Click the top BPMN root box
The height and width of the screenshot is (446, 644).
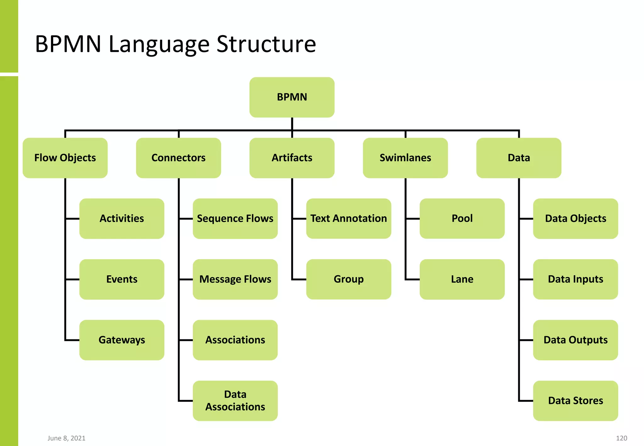coord(292,97)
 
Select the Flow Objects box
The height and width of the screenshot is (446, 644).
coord(65,158)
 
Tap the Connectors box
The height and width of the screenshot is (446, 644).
coord(178,158)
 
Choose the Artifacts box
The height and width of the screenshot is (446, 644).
coord(292,158)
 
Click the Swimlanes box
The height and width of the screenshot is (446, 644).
coord(405,158)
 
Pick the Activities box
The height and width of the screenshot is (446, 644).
coord(122,219)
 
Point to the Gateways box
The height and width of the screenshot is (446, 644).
coord(122,340)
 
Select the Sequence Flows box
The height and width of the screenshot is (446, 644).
coord(235,219)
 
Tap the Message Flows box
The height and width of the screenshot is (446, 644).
coord(235,279)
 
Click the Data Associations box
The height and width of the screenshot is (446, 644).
coord(235,401)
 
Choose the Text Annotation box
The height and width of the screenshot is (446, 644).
coord(348,219)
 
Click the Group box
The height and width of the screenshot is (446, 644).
coord(348,279)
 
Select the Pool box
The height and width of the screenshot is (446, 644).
coord(462,219)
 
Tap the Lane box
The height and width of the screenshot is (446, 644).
coord(462,279)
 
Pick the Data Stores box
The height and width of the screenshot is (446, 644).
coord(575,401)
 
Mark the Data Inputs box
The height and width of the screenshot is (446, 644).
coord(575,279)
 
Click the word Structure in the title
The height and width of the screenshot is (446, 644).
coord(266,44)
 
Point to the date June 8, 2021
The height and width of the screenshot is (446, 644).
coord(66,438)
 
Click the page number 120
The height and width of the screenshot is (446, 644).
coord(621,438)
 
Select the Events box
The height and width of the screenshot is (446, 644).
coord(122,279)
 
